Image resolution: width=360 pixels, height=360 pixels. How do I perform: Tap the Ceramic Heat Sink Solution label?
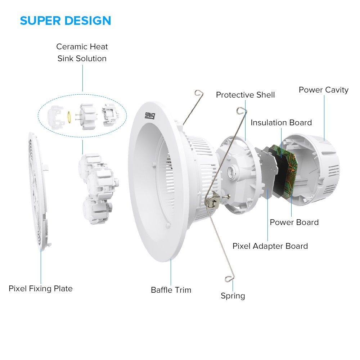tap(82, 53)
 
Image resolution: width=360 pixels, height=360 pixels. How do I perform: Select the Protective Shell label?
tap(245, 95)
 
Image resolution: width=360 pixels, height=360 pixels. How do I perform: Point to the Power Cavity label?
tap(323, 90)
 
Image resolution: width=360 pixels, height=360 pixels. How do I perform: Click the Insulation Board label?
tap(281, 122)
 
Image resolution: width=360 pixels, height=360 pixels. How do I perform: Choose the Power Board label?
tap(294, 222)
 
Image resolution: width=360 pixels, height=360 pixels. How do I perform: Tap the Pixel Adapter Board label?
tap(270, 246)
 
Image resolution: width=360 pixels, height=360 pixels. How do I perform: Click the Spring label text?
tap(233, 296)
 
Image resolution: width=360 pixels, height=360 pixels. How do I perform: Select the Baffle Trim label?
tap(171, 290)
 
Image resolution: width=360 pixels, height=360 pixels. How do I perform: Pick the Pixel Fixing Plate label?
tap(41, 288)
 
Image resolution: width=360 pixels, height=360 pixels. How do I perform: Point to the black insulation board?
tap(276, 169)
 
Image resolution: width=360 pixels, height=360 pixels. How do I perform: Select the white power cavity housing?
tap(317, 169)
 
